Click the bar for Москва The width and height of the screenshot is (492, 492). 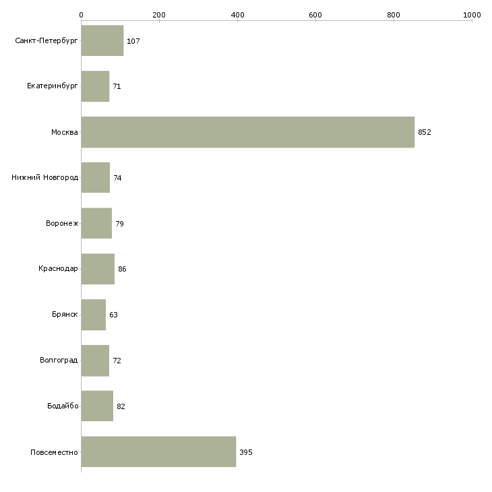(248, 132)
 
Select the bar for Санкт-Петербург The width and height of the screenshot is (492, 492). (102, 40)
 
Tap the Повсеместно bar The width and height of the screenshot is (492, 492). (158, 452)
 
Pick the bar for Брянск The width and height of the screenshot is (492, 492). (94, 315)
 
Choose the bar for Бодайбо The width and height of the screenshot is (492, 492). (97, 406)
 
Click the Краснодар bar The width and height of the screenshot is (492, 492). (98, 269)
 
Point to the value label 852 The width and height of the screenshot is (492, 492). (425, 132)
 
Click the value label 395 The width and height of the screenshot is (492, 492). (246, 452)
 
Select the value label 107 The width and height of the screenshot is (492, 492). (133, 41)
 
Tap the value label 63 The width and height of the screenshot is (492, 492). (114, 315)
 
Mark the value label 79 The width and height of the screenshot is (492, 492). (119, 224)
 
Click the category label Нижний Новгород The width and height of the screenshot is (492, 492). (45, 178)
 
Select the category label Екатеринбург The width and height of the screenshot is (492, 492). (52, 86)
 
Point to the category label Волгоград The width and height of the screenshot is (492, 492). (59, 360)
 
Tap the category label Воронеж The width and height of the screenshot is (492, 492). (62, 223)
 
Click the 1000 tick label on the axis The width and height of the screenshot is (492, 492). (472, 15)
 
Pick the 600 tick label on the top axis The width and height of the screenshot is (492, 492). (315, 15)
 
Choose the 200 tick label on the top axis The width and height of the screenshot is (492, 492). (159, 15)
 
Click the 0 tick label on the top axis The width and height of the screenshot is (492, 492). (82, 15)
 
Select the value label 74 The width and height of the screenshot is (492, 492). (117, 178)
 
